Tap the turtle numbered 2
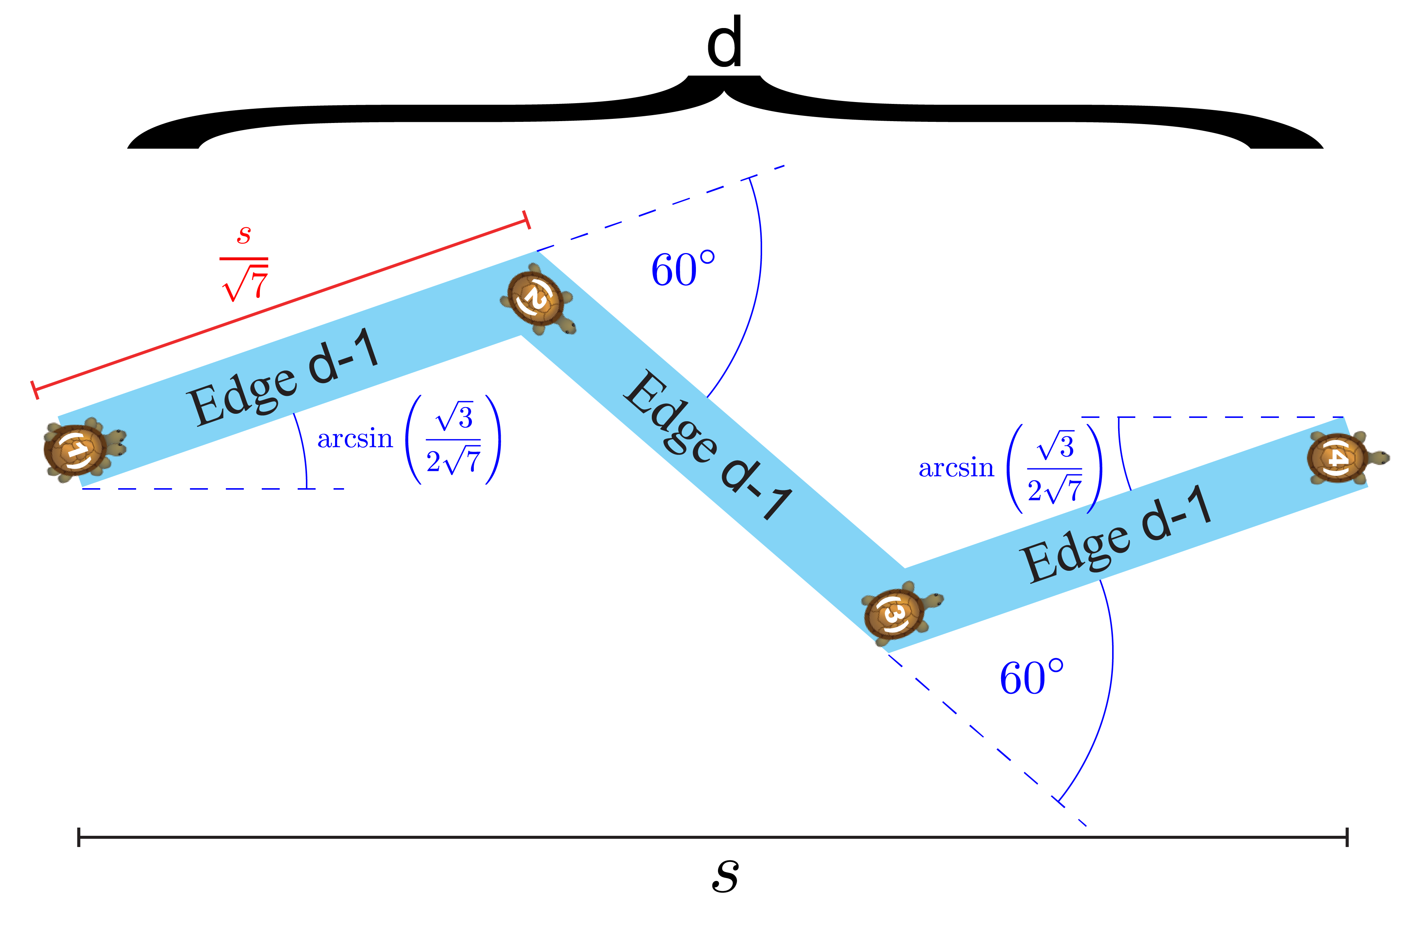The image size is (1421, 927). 536,298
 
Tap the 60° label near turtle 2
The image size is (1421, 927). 682,270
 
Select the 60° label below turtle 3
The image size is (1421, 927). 1031,678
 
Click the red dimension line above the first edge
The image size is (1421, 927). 280,306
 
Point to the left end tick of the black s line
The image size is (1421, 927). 79,837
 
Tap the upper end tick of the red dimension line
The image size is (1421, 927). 526,220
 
